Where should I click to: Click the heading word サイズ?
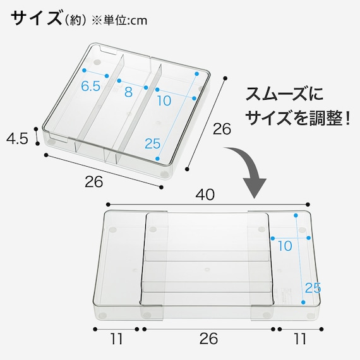[35, 18]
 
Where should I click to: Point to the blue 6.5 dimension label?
[91, 87]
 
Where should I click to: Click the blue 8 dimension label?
[128, 91]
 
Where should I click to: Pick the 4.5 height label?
[17, 138]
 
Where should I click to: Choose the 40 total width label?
[205, 195]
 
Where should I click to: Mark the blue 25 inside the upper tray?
[152, 143]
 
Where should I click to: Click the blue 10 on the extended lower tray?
[285, 246]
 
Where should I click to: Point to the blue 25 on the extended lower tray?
[313, 288]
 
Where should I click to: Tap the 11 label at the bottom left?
[116, 339]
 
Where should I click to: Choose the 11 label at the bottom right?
[299, 339]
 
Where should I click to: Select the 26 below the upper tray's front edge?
[93, 182]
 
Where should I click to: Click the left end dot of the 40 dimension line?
[108, 204]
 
